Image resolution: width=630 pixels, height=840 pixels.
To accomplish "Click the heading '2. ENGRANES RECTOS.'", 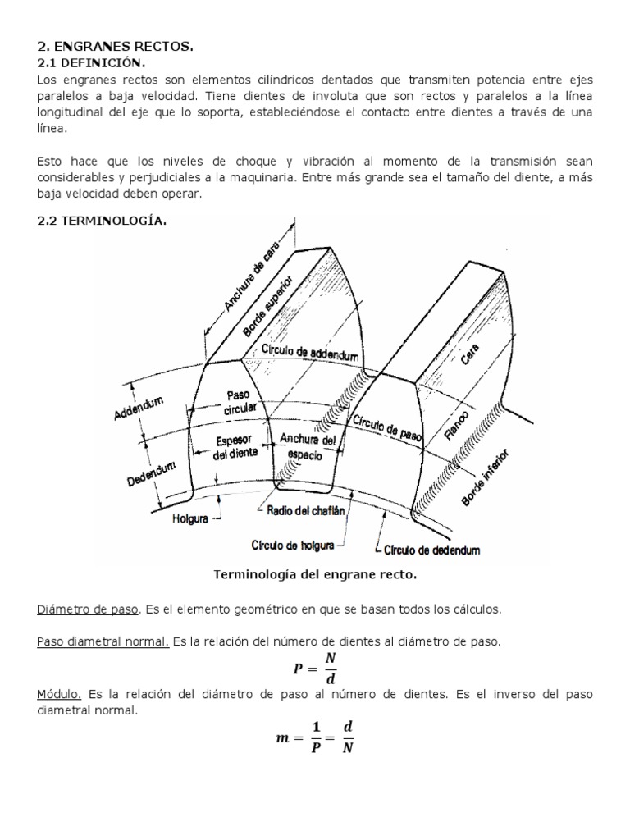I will click(x=116, y=47).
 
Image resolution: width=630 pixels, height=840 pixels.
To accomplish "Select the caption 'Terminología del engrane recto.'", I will click(x=315, y=575).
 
